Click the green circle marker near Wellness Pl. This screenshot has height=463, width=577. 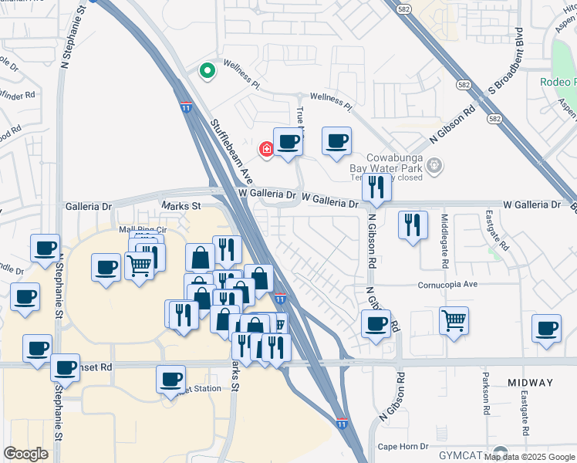coord(207,72)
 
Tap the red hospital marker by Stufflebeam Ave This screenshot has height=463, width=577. coord(267,149)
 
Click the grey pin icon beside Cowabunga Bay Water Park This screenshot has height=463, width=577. coord(434,164)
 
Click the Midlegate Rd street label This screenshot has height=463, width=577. coord(444,241)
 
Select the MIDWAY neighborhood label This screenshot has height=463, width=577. coord(531,383)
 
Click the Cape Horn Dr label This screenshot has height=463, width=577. coord(403,448)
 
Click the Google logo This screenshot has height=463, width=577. coord(25,454)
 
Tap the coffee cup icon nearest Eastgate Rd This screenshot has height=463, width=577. coord(547,329)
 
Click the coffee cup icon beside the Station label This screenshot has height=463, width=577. coord(170,380)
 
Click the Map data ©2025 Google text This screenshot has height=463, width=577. coord(529,457)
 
